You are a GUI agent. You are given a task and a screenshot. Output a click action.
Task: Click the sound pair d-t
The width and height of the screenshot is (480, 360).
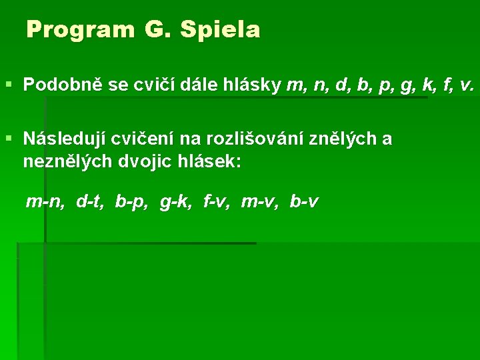[x=90, y=201]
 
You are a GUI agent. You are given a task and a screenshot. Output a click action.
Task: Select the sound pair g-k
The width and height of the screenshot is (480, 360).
[x=175, y=201]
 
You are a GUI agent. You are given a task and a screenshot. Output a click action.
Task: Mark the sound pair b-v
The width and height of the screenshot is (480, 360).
[x=305, y=201]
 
